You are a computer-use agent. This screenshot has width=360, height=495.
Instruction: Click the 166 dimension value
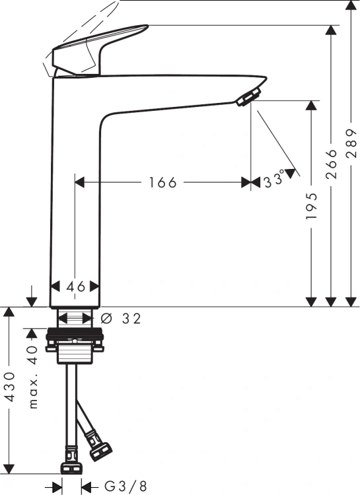pyautogui.click(x=162, y=182)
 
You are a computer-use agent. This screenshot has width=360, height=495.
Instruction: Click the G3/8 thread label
pyautogui.click(x=126, y=486)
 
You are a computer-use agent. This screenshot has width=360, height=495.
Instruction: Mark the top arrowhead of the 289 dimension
pyautogui.click(x=351, y=5)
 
